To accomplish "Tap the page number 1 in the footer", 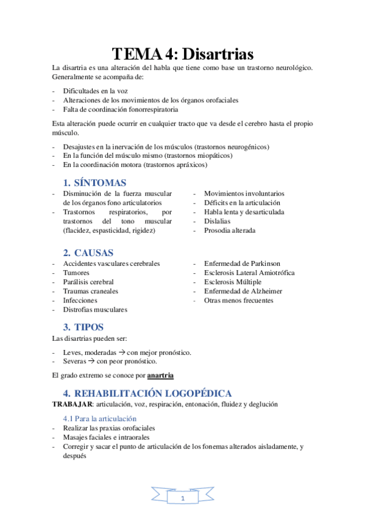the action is click(x=182, y=498).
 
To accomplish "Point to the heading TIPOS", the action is click(x=89, y=327).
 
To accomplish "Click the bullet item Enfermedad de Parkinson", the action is click(x=242, y=263).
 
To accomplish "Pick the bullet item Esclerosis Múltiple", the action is click(x=233, y=282).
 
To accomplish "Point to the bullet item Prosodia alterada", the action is click(x=230, y=230).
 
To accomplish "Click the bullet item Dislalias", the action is click(x=217, y=221).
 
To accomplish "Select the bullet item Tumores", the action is click(x=76, y=273).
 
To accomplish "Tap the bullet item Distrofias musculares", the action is click(x=95, y=309).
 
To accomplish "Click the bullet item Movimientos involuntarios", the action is click(x=244, y=194).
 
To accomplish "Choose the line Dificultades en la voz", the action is click(x=95, y=91).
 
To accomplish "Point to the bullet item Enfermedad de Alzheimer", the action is click(x=243, y=291).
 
